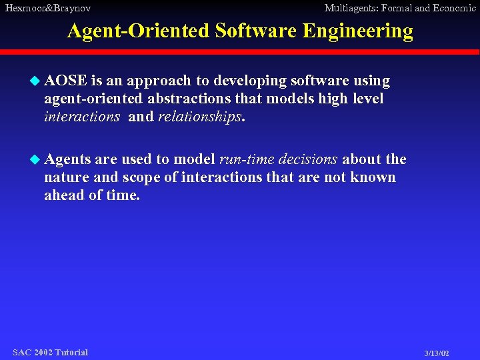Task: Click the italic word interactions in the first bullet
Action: (x=82, y=117)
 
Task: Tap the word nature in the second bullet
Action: (x=65, y=178)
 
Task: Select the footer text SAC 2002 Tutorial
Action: (x=50, y=352)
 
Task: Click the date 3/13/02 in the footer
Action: (x=437, y=353)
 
